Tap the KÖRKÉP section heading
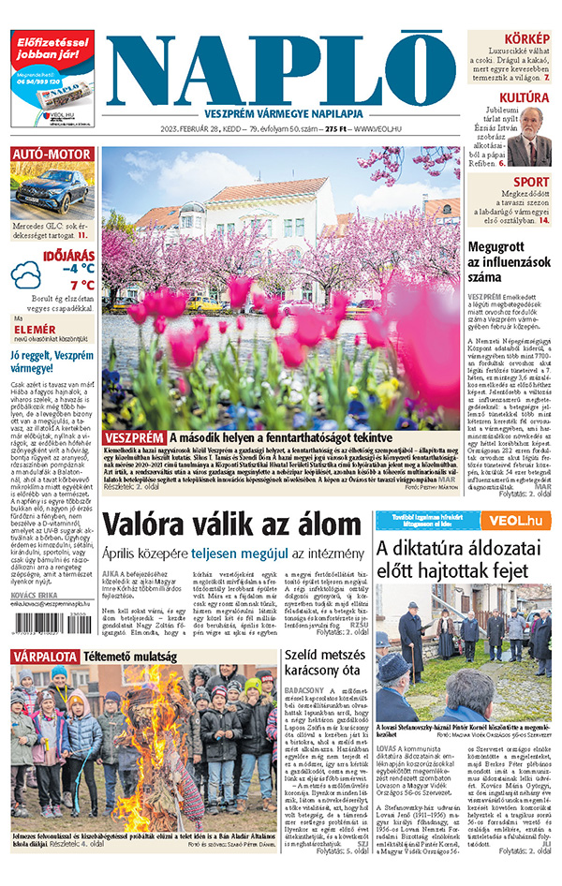(x=527, y=38)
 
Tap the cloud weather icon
(x=26, y=276)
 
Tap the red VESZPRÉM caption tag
(x=134, y=437)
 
